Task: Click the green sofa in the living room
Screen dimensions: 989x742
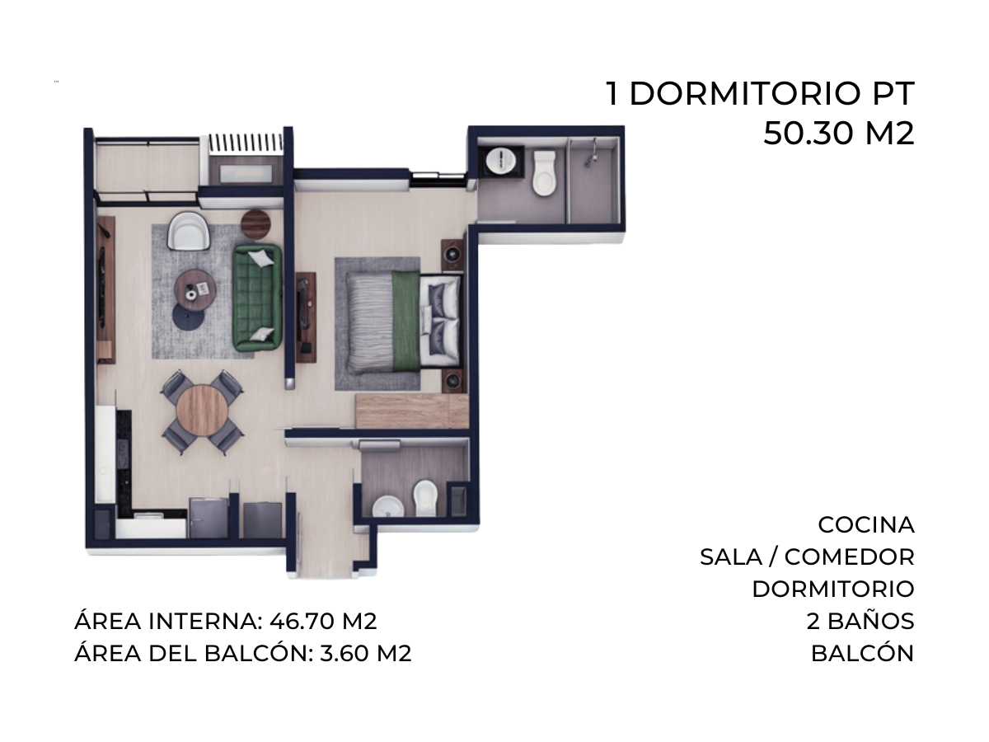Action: [x=257, y=298]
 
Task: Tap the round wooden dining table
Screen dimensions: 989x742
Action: [x=202, y=411]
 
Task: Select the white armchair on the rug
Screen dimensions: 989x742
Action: [x=189, y=231]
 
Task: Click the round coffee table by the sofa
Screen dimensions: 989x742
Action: [x=195, y=290]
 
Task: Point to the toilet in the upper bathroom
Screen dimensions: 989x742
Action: [x=544, y=173]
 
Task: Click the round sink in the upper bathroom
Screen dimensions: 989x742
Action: [x=500, y=160]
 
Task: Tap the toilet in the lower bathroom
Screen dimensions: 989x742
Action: [x=425, y=498]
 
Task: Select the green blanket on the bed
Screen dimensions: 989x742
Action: [x=406, y=321]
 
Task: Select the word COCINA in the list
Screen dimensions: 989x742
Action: [x=866, y=525]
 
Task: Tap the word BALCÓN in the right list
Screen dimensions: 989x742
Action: [x=862, y=654]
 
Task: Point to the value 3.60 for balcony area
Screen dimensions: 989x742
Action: [x=345, y=654]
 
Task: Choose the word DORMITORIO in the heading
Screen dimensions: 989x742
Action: [x=745, y=94]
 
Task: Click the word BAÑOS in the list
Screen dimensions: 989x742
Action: [x=871, y=622]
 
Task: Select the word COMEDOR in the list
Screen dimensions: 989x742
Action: [x=850, y=557]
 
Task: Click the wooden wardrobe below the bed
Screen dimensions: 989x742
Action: [x=412, y=411]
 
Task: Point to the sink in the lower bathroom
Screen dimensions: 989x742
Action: [x=388, y=506]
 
